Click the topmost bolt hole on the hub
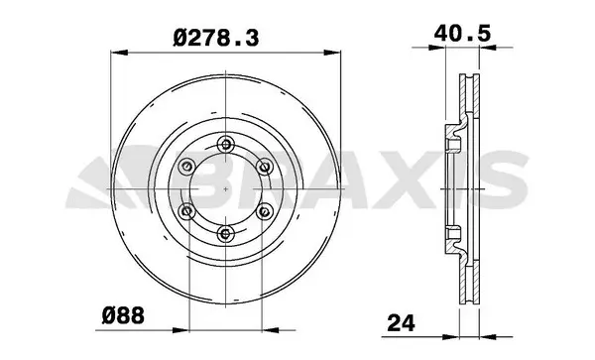pyautogui.click(x=225, y=142)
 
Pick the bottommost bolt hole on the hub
pyautogui.click(x=225, y=233)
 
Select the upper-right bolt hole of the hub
pyautogui.click(x=265, y=165)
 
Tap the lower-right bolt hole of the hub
pyautogui.click(x=265, y=210)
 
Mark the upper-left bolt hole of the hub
pyautogui.click(x=185, y=165)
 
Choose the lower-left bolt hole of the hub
pyautogui.click(x=185, y=210)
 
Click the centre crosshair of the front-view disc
pyautogui.click(x=225, y=187)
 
